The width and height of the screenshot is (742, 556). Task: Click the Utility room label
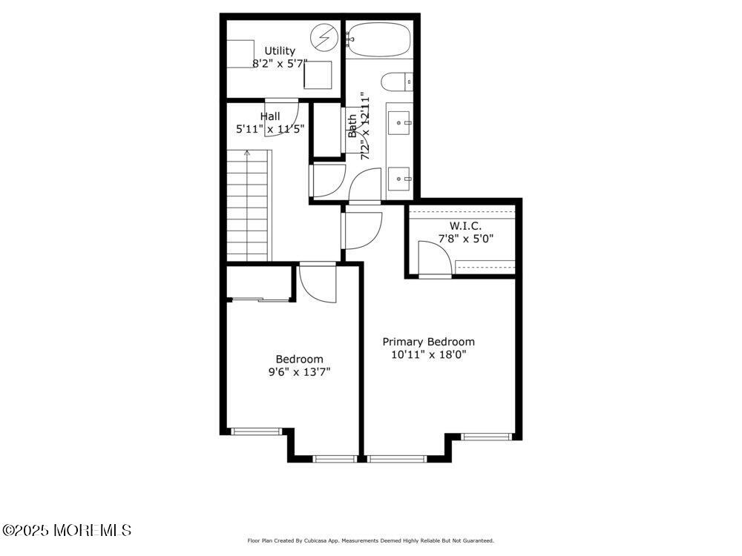[x=280, y=50]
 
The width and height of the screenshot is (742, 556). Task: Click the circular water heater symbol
[x=324, y=36]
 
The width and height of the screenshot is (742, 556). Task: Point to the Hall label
[x=270, y=116]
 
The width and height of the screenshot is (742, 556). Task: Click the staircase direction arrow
[x=247, y=153]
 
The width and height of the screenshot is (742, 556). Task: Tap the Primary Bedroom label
[x=429, y=341]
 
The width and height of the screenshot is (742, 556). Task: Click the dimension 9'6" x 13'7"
[x=300, y=371]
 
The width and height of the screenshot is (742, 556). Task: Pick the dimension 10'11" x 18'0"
[x=429, y=354]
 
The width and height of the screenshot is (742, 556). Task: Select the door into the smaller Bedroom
[x=318, y=282]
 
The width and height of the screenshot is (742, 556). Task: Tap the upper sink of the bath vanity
[x=399, y=123]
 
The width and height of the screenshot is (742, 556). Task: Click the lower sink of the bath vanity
[x=399, y=179]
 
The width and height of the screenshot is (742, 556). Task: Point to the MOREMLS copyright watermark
[x=66, y=530]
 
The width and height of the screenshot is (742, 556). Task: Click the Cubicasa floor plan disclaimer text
[x=370, y=540]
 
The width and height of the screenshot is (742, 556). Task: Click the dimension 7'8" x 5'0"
[x=466, y=239]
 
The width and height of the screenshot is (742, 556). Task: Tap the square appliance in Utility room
[x=318, y=75]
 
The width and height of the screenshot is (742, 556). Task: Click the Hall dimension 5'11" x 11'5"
[x=270, y=128]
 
